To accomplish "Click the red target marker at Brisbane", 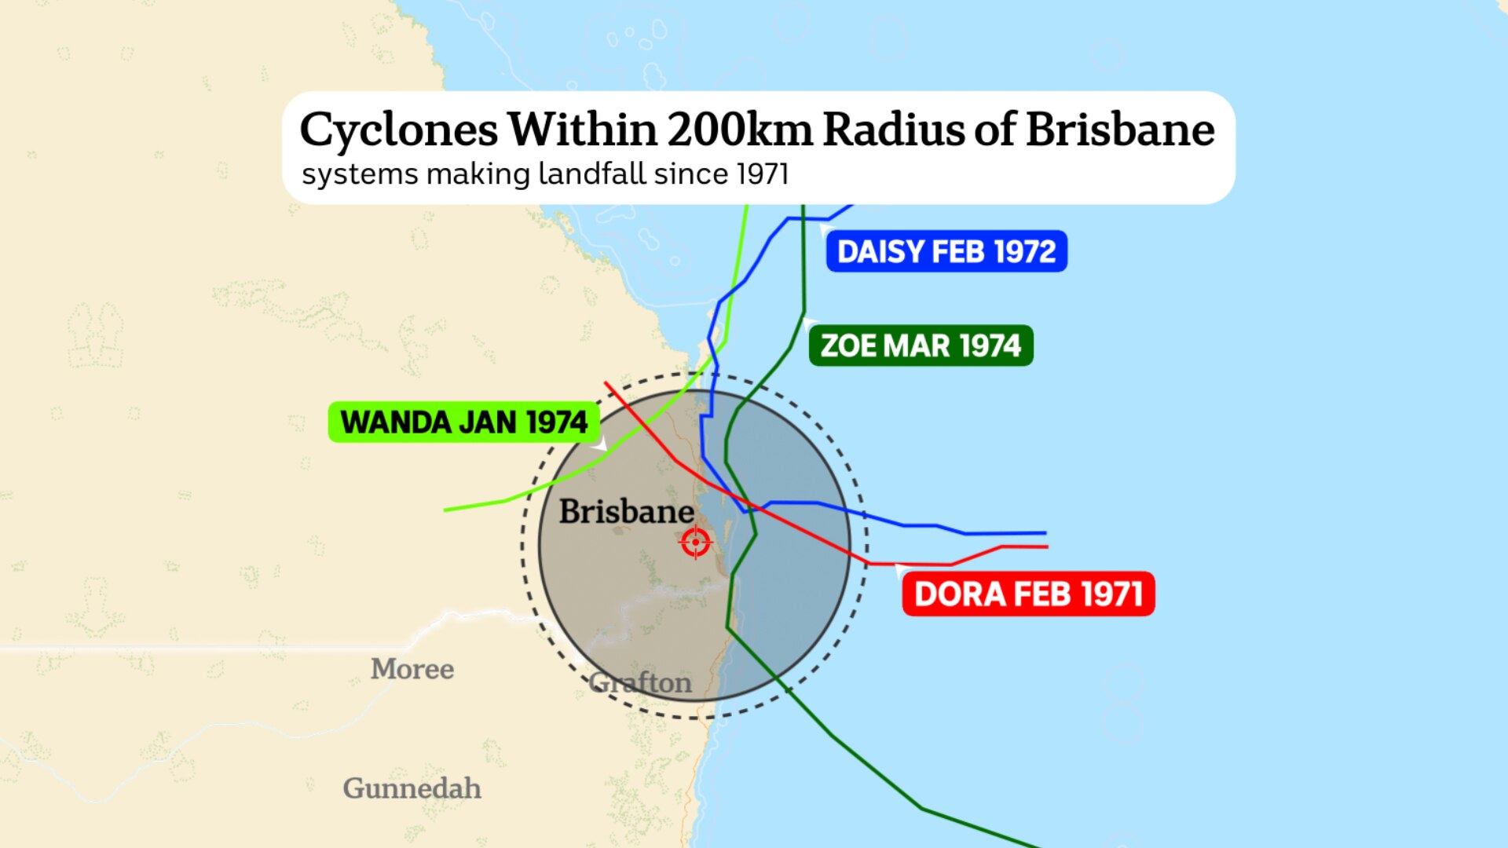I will coord(696,542).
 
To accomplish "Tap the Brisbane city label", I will coord(626,512).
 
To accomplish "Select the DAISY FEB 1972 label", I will coord(946,252).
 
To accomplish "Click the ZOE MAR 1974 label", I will coord(921,346).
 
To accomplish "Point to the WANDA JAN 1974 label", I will coord(463,422).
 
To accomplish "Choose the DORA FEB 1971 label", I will coord(1028,594).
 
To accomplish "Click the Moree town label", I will coord(412,669).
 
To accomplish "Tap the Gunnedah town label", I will coord(412,788).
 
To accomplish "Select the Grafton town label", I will coord(641,683).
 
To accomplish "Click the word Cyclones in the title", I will coord(398,130).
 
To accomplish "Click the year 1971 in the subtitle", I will coord(763,174).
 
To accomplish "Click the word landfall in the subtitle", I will coord(592,174).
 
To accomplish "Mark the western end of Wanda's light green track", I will coord(446,510).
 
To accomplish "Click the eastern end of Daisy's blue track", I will coord(1045,533).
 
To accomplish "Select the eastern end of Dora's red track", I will coord(1046,546).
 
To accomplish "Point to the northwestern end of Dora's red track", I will coord(606,383).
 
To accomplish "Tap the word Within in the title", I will coord(582,130).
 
